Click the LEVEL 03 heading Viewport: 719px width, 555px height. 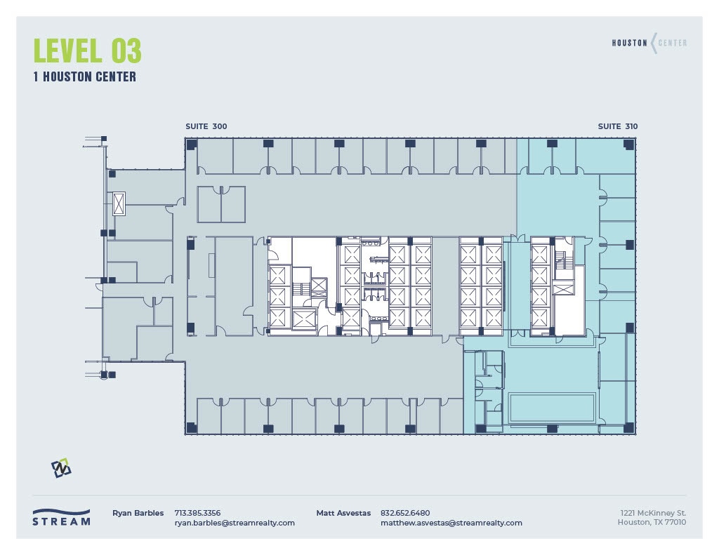point(87,51)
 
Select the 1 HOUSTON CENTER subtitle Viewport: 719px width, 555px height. point(84,77)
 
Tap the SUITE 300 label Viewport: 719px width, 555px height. point(206,126)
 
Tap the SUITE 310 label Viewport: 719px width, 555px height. point(618,126)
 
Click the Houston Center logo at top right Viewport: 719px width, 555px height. point(649,43)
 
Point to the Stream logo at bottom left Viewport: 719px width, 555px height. point(62,517)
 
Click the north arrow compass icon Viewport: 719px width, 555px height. point(62,468)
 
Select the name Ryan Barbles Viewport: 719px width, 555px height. point(138,513)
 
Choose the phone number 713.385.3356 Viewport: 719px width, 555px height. point(197,513)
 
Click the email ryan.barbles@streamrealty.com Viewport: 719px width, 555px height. point(235,523)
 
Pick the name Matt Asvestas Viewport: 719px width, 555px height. point(343,513)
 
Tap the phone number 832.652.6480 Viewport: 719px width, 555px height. point(405,513)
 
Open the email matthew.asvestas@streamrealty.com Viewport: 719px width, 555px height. point(451,523)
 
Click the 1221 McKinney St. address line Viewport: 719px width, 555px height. point(651,513)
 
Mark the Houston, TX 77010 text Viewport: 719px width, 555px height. point(652,522)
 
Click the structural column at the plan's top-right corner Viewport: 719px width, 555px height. point(628,144)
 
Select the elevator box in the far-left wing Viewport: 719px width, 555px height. point(119,203)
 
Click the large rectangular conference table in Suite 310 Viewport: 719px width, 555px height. point(552,406)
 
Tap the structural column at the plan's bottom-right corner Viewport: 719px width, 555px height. point(628,427)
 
